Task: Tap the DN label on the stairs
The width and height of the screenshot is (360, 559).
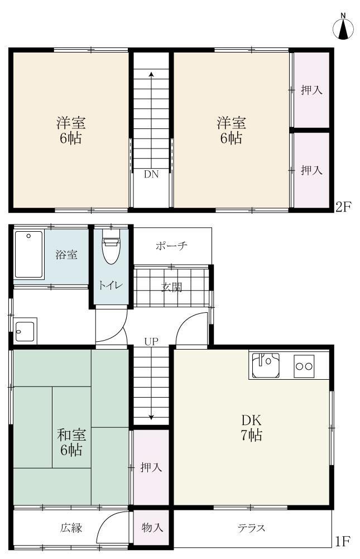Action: (151, 174)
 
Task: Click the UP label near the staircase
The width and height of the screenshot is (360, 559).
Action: (151, 342)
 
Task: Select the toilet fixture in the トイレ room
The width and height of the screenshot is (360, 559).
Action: (111, 251)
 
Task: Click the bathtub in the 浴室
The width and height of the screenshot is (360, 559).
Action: (28, 254)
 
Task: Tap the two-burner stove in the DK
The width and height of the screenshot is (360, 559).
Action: (304, 366)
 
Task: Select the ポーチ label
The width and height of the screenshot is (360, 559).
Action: (171, 246)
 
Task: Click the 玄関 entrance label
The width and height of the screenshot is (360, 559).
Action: (171, 287)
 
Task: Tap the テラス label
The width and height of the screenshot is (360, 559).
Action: (251, 528)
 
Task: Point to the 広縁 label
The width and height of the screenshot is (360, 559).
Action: (71, 528)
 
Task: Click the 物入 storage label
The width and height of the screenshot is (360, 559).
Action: (152, 528)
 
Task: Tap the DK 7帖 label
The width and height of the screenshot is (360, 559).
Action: (251, 428)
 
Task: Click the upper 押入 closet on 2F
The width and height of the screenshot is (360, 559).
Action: (311, 90)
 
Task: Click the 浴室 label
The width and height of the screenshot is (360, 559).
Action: (66, 255)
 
